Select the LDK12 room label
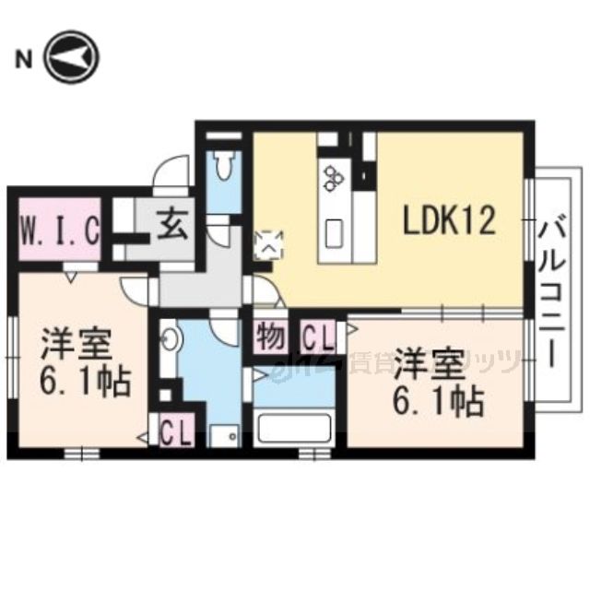click(x=450, y=220)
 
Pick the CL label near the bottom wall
click(x=175, y=432)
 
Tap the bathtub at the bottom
click(x=291, y=430)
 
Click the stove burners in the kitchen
click(x=332, y=176)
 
